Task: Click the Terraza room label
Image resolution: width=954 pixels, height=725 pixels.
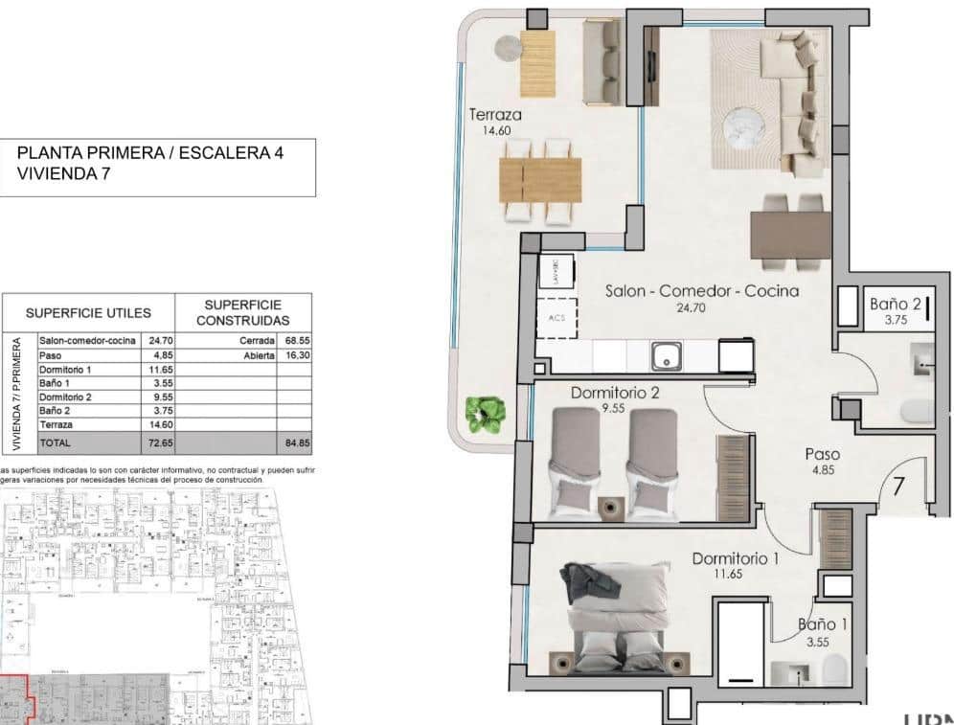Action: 495,115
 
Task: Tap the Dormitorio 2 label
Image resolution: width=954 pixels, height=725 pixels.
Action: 615,393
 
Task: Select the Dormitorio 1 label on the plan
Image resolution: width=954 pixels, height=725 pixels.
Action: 735,558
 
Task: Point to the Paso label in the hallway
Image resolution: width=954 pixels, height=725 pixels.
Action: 823,455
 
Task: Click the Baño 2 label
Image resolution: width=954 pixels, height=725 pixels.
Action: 896,305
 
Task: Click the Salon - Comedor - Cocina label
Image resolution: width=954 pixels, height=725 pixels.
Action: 702,291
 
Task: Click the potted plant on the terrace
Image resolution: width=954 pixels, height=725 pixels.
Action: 485,413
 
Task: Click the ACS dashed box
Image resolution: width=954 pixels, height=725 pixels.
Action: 556,318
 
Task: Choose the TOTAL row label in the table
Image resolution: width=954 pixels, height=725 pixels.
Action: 55,443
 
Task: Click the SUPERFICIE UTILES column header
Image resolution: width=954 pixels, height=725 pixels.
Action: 88,313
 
